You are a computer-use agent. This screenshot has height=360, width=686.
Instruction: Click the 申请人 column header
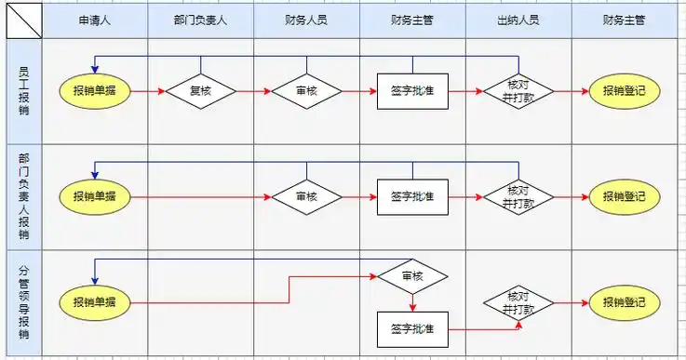[94, 19]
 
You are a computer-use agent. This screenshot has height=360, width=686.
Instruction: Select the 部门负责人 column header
[200, 19]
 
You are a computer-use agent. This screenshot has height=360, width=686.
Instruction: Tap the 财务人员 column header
[306, 19]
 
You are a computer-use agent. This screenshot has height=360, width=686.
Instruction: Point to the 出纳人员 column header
[518, 19]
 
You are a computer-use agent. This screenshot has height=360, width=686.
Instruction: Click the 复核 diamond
[200, 91]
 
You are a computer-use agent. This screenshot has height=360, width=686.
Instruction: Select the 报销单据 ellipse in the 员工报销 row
[94, 91]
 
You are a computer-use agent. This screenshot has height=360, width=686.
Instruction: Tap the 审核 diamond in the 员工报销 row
[306, 91]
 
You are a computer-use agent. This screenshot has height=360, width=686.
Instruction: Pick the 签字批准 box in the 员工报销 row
[412, 91]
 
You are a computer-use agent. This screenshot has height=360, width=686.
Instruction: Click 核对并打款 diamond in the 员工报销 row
[518, 91]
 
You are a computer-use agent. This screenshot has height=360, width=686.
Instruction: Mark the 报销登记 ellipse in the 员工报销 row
[624, 91]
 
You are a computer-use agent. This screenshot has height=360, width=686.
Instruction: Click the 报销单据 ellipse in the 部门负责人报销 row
[94, 196]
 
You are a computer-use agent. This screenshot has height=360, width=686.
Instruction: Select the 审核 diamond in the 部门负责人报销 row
[306, 196]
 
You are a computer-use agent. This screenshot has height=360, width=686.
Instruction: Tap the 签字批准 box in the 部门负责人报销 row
[412, 196]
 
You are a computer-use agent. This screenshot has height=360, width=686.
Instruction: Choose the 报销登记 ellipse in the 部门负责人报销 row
[624, 196]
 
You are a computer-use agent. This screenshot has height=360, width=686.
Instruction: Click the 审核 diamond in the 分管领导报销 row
[412, 276]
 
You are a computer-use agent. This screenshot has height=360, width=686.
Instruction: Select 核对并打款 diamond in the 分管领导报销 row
[518, 302]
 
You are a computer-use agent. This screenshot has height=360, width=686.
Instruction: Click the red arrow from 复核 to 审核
[252, 92]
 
